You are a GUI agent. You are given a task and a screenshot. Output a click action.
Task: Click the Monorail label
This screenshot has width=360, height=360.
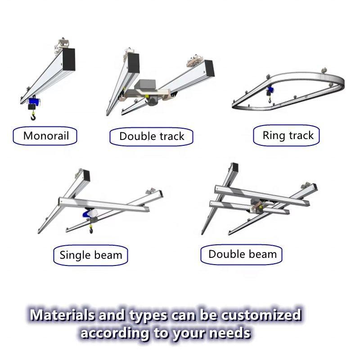click(x=45, y=136)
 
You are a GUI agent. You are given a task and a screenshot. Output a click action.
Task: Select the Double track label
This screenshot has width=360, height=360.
click(x=151, y=137)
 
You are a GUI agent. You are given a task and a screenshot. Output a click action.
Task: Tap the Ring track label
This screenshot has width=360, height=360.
click(x=286, y=135)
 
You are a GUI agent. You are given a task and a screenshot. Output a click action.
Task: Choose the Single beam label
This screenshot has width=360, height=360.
click(x=91, y=255)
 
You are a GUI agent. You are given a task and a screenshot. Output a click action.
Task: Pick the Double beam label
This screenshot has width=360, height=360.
click(x=241, y=254)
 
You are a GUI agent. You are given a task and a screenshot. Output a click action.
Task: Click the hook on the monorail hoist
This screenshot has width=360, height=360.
click(x=33, y=117)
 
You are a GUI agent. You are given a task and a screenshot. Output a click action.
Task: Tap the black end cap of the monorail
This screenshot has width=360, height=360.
click(x=69, y=59)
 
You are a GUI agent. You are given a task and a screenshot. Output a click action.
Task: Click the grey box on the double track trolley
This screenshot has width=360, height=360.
click(x=146, y=85)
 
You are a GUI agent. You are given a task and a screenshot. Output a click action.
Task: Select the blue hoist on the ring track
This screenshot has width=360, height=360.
click(x=270, y=90)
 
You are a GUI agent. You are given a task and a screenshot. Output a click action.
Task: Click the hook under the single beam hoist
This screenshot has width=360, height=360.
click(x=91, y=230)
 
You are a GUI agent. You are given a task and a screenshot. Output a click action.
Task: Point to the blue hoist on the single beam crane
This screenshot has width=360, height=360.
click(x=87, y=215)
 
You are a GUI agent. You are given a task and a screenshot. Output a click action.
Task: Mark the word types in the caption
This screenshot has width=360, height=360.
click(x=148, y=316)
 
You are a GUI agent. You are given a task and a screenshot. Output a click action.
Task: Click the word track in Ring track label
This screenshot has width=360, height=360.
click(x=301, y=135)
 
